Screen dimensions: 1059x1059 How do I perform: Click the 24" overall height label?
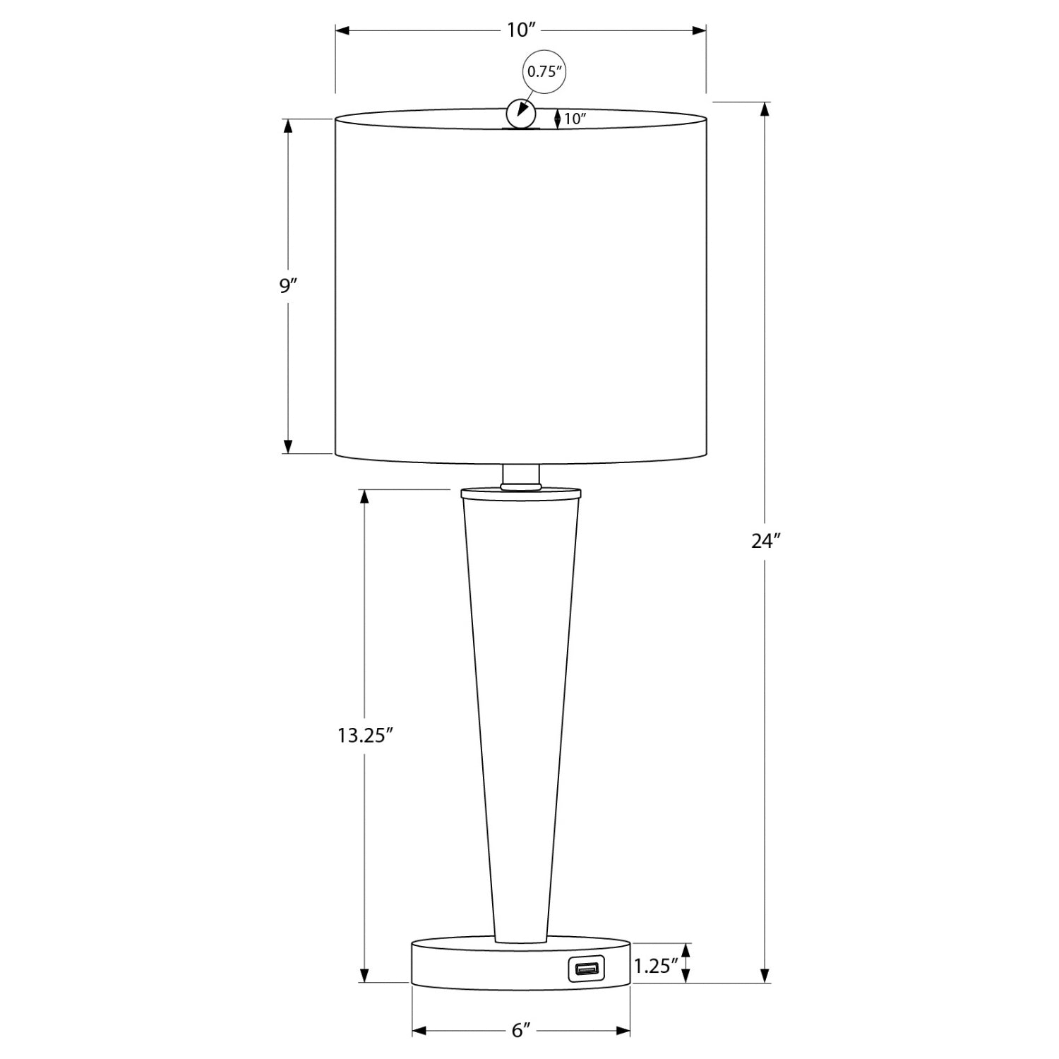click(x=765, y=542)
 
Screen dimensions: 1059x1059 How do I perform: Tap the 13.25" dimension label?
click(x=364, y=735)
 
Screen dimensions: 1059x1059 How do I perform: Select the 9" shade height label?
click(x=288, y=286)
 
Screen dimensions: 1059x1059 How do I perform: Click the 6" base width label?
click(x=521, y=1031)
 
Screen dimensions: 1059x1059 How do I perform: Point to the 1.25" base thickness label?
click(x=656, y=966)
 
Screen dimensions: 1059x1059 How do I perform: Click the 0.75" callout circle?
click(x=544, y=71)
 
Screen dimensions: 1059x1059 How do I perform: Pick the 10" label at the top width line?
click(x=521, y=30)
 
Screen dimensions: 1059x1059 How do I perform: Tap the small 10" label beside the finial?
click(x=575, y=119)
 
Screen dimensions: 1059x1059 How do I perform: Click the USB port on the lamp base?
click(x=585, y=969)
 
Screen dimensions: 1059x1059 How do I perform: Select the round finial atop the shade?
click(x=521, y=114)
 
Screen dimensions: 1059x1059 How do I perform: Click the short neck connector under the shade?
click(x=521, y=477)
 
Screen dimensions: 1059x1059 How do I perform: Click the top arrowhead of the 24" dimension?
click(x=765, y=110)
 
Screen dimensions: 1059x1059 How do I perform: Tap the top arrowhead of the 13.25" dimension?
click(x=364, y=496)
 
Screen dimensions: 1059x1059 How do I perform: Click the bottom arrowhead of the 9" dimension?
click(x=288, y=445)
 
